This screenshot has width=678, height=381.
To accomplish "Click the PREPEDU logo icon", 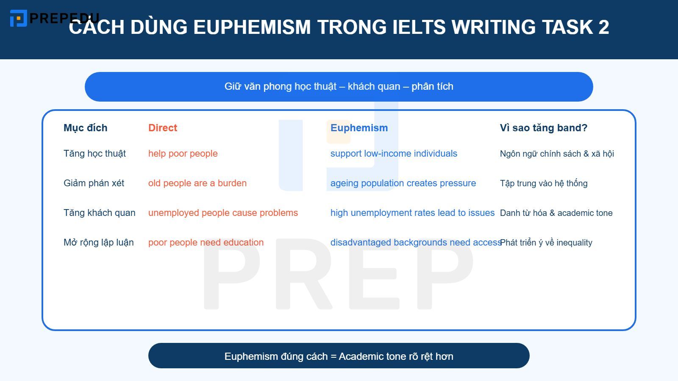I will click(18, 18).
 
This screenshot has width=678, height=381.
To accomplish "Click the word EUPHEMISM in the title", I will click(252, 27).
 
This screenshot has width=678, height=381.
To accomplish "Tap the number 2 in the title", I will click(603, 27).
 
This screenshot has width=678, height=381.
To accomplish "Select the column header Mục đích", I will click(85, 128).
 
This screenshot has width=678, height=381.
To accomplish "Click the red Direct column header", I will click(162, 128).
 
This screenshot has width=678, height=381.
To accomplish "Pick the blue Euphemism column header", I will click(359, 128).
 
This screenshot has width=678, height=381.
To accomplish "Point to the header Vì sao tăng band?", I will click(543, 128).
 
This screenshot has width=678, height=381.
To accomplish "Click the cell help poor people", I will click(183, 154).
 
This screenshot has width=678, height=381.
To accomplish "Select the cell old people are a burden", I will click(197, 183).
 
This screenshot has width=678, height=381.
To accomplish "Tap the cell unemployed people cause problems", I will click(223, 213).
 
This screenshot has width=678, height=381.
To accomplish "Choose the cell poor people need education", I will click(206, 243).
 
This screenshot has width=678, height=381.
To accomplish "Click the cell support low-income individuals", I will click(394, 154).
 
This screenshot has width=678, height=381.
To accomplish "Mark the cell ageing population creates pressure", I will click(403, 183).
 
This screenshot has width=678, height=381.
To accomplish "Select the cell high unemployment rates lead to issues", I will click(412, 213).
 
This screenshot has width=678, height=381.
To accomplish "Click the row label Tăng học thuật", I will click(94, 154).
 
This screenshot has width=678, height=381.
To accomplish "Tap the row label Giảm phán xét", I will click(94, 183).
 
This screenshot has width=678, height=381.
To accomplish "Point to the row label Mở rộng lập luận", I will click(98, 243).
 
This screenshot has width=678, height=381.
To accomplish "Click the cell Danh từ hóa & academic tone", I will click(556, 213).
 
